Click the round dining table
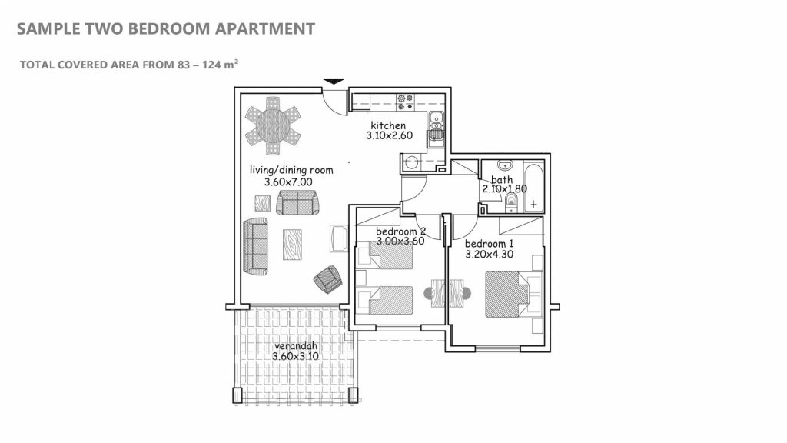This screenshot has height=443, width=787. [x=273, y=125]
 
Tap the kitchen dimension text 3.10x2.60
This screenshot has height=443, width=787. [x=390, y=135]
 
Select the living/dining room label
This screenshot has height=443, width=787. [x=291, y=170]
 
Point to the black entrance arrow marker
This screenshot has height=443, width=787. [x=334, y=82]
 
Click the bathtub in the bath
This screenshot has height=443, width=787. [x=533, y=187]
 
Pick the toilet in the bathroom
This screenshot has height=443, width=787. [x=511, y=203]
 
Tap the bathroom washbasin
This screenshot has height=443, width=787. [x=504, y=165]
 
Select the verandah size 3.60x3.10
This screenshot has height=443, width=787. [x=296, y=357]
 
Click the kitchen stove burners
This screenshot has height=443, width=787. [x=406, y=102]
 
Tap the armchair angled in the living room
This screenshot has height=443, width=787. [x=327, y=279]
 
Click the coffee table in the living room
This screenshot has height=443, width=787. [x=292, y=245]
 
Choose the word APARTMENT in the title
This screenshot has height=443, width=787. [x=265, y=28]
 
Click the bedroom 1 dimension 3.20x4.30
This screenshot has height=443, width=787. [x=490, y=255]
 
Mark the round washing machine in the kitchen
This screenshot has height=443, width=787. [x=412, y=163]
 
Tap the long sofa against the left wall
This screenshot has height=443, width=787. [x=255, y=246]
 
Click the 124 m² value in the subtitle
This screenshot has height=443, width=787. [x=221, y=65]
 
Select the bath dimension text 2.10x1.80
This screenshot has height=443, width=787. [x=504, y=189]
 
